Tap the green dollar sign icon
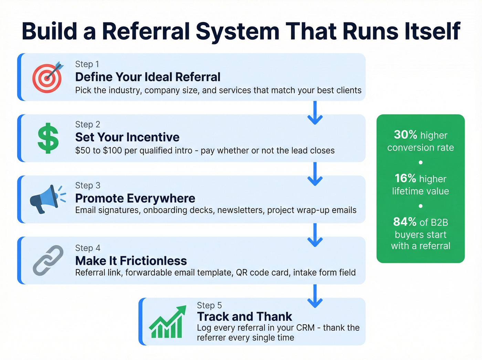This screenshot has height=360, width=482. pyautogui.click(x=48, y=138)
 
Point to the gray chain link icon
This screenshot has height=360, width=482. pyautogui.click(x=48, y=260)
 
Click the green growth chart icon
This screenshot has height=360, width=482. pyautogui.click(x=167, y=322)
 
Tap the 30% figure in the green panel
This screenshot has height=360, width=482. pyautogui.click(x=406, y=135)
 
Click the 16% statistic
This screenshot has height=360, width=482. pyautogui.click(x=406, y=178)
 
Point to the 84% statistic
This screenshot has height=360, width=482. pyautogui.click(x=405, y=222)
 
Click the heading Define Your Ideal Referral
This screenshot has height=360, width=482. pyautogui.click(x=148, y=77)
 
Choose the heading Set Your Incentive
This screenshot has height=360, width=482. pyautogui.click(x=127, y=137)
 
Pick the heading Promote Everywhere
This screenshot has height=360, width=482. pyautogui.click(x=135, y=198)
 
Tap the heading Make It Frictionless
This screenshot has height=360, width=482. pyautogui.click(x=131, y=261)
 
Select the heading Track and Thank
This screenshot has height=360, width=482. pyautogui.click(x=244, y=317)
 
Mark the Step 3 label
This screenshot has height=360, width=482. pyautogui.click(x=88, y=186)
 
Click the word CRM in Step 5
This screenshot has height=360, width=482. pyautogui.click(x=305, y=328)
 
